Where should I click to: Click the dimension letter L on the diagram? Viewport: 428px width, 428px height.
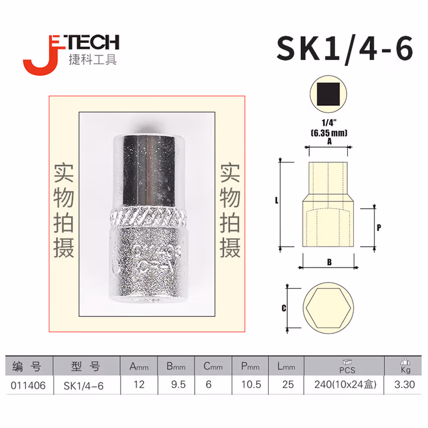277,201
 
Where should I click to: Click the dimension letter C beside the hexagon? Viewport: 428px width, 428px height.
284,308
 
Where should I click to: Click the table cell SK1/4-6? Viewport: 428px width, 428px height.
83,385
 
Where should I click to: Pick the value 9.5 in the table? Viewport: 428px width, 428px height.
178,385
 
